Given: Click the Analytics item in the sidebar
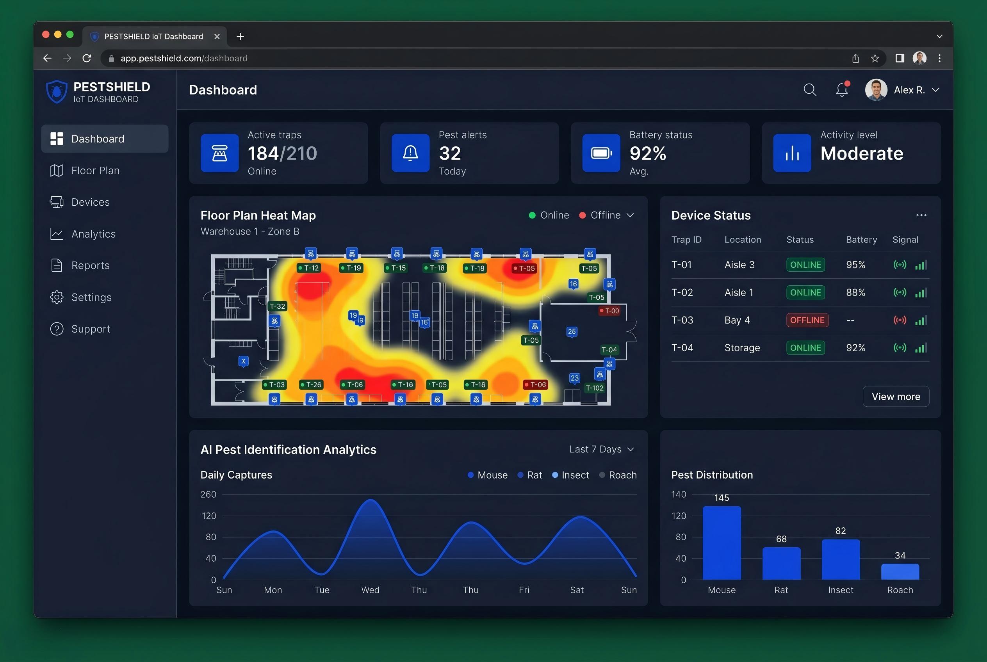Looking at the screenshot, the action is pos(83,234).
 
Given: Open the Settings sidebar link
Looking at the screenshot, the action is pos(81,297).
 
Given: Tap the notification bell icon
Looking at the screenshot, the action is pos(842,89).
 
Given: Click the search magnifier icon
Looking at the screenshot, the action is pos(810,89).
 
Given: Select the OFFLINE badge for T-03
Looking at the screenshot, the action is pos(807,320).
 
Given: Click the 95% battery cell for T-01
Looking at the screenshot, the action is pos(856,265).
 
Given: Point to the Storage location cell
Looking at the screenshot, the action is pos(742,348).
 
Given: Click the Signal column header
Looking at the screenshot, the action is pos(905,240).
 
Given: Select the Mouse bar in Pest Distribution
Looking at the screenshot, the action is pos(722,543).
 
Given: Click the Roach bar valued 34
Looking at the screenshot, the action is pos(900,572).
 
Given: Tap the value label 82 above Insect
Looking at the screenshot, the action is pos(841,531).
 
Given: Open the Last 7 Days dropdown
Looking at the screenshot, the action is pos(601,449).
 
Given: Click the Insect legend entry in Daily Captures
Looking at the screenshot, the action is pos(570,475).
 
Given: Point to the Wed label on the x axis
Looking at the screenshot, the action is pos(370,590).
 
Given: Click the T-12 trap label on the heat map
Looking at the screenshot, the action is pos(309,268).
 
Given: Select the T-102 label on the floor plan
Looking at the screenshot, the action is pos(595,388).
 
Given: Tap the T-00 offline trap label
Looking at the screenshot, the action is pos(609,311).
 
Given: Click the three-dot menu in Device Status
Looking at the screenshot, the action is pos(921,215).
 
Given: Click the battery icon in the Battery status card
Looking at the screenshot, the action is pos(601,153).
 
